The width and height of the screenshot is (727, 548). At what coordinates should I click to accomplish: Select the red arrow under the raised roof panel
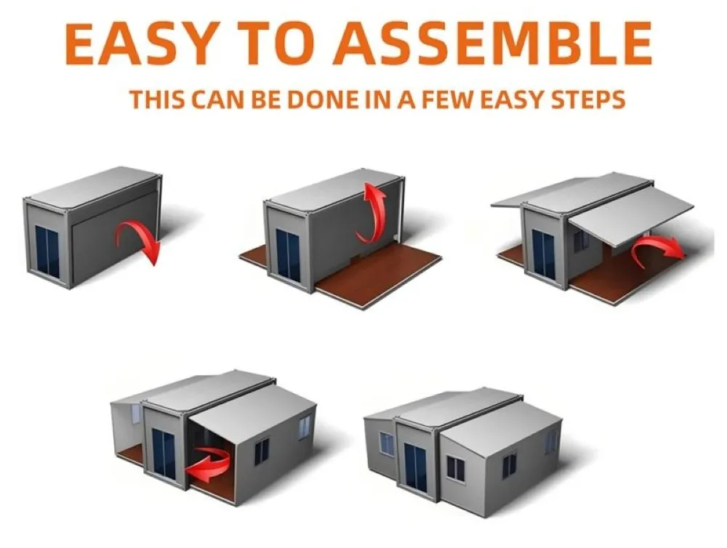[657, 249]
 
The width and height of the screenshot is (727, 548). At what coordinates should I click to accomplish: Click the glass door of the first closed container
[47, 251]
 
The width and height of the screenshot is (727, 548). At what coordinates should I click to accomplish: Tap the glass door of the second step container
[288, 254]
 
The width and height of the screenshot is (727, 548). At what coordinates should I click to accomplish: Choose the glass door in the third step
[543, 253]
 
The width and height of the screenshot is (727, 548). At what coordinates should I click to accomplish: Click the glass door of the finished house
[415, 467]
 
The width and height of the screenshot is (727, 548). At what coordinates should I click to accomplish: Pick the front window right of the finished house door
[455, 468]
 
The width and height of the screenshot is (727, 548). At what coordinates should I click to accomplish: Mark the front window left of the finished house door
[387, 443]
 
